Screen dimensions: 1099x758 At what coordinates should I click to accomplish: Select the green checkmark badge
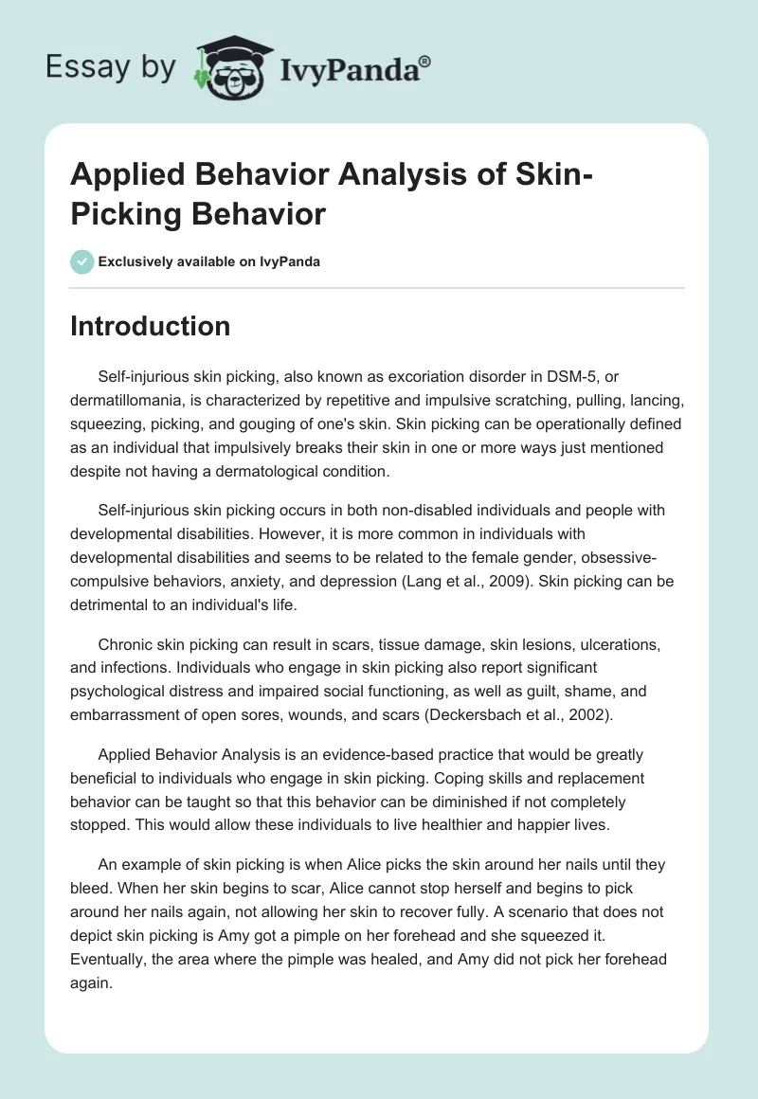click(x=81, y=261)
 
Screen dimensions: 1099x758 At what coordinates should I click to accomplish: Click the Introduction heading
click(x=150, y=327)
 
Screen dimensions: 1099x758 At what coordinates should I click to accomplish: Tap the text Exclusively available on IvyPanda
click(x=208, y=261)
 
